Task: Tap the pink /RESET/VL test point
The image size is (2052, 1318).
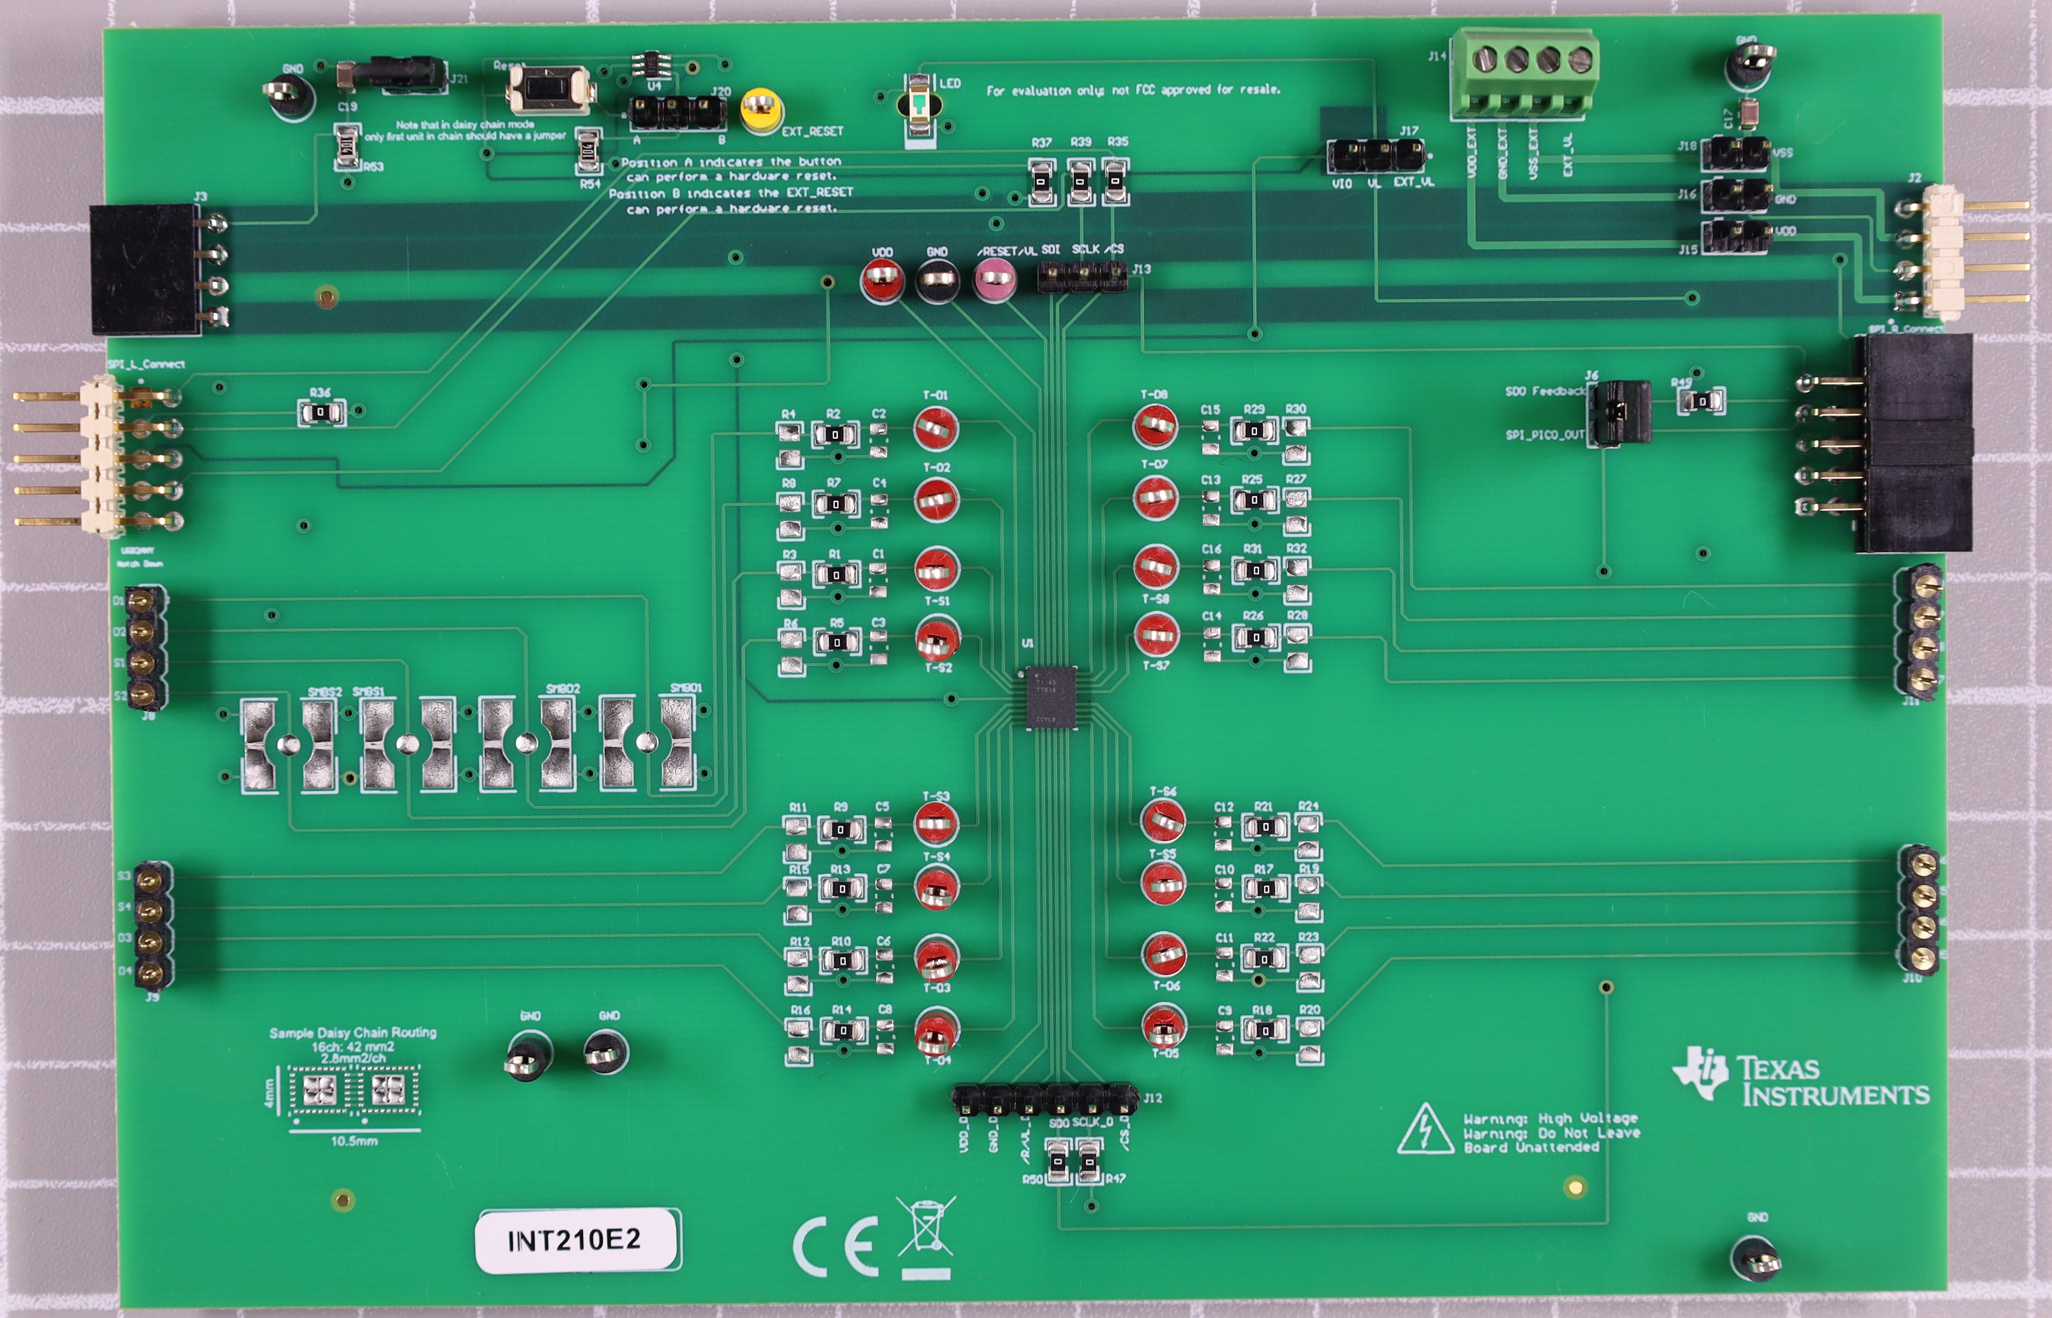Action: [x=994, y=279]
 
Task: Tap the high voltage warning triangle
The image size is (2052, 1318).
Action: [x=1425, y=1131]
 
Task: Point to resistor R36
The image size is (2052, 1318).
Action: [x=321, y=412]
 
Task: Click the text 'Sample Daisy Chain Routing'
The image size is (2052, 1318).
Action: [x=353, y=1032]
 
